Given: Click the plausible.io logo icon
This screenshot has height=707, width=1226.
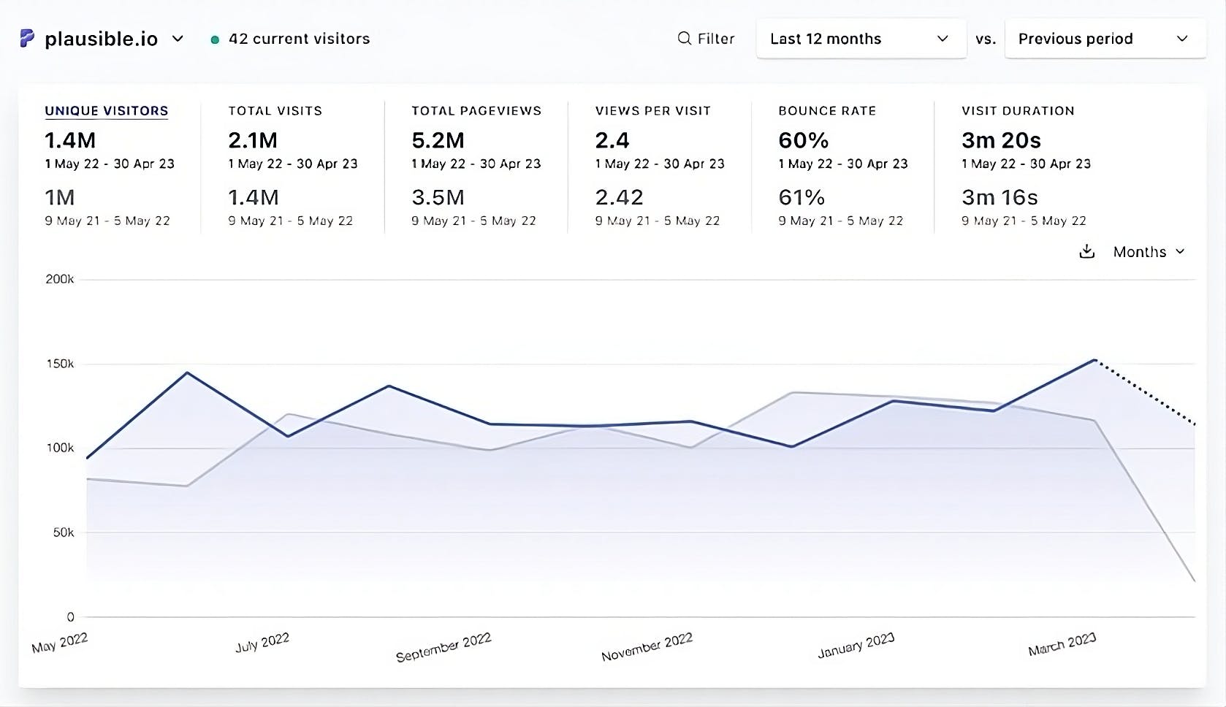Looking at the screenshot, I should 27,39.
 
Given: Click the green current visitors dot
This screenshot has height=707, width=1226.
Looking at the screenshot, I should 215,39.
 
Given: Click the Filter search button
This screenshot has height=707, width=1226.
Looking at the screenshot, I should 706,39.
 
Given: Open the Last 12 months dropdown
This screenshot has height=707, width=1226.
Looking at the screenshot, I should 861,39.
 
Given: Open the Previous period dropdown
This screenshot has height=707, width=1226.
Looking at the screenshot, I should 1104,39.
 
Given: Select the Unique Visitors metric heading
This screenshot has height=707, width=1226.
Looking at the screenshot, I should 107,111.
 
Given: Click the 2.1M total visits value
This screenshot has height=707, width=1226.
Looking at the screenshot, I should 253,140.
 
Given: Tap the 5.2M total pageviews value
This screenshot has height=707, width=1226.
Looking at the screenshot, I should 438,140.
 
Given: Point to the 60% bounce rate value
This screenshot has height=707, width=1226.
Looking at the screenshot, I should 803,140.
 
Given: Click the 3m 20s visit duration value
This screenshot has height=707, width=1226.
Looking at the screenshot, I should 1001,140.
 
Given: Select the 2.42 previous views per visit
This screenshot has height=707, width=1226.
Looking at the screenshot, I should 619,197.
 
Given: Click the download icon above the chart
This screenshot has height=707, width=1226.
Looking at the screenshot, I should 1087,252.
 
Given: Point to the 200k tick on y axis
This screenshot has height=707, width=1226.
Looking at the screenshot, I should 60,279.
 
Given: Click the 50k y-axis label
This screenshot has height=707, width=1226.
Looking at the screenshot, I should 64,532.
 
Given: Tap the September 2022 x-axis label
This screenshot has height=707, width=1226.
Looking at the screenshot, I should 443,647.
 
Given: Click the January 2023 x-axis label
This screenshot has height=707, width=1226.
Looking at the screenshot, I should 856,646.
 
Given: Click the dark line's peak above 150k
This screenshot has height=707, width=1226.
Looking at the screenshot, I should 1094,359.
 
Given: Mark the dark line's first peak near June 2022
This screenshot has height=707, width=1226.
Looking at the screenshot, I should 188,372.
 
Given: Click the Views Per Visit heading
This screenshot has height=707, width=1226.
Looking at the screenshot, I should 652,111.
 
